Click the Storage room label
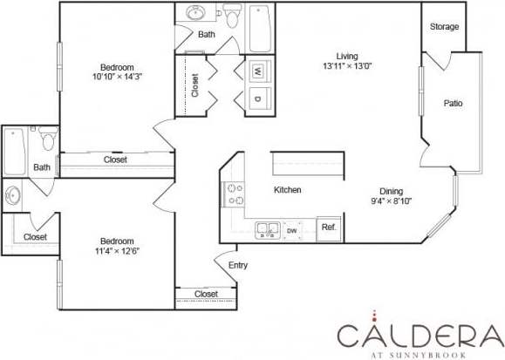(444, 27)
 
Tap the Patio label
(453, 104)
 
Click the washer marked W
(259, 71)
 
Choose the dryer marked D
(259, 98)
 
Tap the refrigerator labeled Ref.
(329, 228)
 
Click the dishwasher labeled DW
(292, 230)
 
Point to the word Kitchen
(288, 190)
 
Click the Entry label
(237, 265)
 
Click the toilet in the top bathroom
(232, 15)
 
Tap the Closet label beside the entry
(206, 295)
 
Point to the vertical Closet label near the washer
(194, 85)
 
